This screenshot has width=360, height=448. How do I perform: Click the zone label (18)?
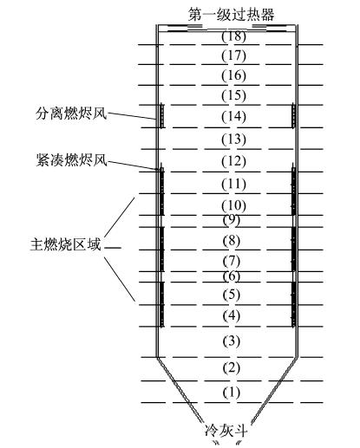(233, 36)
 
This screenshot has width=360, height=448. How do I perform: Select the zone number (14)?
(233, 116)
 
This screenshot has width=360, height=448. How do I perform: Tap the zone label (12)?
(233, 161)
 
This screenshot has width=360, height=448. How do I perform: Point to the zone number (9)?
(232, 220)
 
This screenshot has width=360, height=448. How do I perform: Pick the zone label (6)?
(232, 276)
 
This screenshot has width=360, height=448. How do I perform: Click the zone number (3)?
(232, 341)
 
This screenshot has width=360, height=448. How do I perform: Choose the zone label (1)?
(232, 393)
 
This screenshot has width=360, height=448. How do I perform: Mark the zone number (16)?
(233, 75)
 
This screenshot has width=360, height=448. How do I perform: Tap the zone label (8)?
(232, 240)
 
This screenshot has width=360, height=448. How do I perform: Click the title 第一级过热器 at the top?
(231, 15)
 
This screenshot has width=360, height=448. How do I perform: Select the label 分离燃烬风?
(71, 114)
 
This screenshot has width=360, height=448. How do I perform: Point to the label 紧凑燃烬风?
(71, 159)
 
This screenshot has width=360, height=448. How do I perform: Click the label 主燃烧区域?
(66, 244)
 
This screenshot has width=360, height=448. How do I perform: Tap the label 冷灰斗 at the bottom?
(226, 431)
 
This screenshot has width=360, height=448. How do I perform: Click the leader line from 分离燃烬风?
(132, 115)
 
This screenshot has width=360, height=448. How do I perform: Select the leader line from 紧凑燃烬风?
(132, 166)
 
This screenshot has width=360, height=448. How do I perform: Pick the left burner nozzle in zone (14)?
(161, 115)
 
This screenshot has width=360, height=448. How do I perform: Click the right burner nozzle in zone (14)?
(293, 115)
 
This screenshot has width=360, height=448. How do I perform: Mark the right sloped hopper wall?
(274, 392)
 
